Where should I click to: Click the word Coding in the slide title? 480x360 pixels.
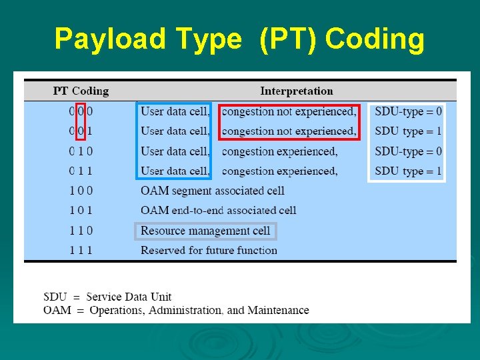click(x=375, y=39)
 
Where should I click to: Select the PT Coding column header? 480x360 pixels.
click(x=81, y=91)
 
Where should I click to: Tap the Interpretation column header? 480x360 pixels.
click(x=296, y=91)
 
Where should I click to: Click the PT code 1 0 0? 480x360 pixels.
click(x=81, y=191)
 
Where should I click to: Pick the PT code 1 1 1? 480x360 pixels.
click(x=81, y=251)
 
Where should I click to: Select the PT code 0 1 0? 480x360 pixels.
click(x=81, y=151)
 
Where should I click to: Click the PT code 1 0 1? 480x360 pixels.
click(x=81, y=211)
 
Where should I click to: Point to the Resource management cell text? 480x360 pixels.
click(x=205, y=231)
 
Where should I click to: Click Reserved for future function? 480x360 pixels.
click(x=209, y=251)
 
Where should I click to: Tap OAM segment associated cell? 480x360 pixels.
click(x=212, y=191)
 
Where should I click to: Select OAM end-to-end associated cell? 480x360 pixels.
click(x=218, y=211)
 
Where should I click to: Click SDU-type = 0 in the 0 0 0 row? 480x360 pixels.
click(x=408, y=111)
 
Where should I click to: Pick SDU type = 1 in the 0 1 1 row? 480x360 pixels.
click(x=408, y=171)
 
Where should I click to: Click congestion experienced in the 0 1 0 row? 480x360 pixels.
click(x=279, y=151)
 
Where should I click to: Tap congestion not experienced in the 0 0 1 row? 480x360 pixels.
click(x=289, y=131)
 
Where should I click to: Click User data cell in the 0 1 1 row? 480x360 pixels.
click(x=175, y=171)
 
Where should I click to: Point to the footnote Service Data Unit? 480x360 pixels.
click(x=129, y=297)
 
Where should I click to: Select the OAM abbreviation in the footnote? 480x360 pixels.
click(x=57, y=310)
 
